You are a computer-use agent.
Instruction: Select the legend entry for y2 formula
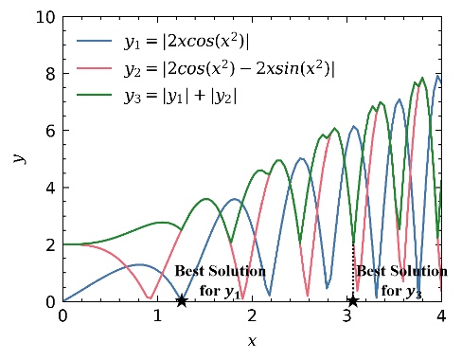pos(227,68)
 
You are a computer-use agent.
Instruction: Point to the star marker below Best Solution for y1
pos(182,301)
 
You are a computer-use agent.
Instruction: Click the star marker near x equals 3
pos(352,301)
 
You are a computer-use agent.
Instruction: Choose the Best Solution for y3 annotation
pos(400,280)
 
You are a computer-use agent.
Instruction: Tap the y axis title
pos(19,158)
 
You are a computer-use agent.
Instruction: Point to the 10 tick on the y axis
pos(44,16)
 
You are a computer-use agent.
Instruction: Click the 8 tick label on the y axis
pos(48,73)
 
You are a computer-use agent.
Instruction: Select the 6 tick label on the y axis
pos(48,131)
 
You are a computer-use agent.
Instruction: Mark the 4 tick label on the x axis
pos(440,318)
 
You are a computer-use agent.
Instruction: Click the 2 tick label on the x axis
pos(252,318)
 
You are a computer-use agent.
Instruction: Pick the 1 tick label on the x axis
pos(157,318)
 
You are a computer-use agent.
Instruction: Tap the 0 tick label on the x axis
pos(63,318)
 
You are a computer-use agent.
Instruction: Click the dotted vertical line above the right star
pos(353,270)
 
